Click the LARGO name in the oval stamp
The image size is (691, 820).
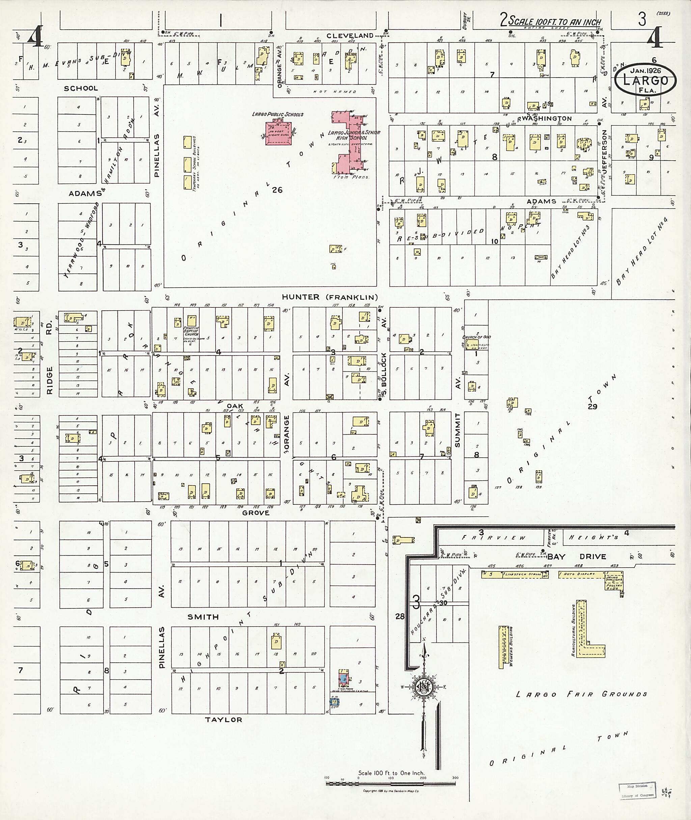[x=644, y=80]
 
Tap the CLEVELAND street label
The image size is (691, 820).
[x=350, y=36]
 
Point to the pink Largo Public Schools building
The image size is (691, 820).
[x=278, y=133]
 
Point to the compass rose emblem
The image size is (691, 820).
[x=423, y=688]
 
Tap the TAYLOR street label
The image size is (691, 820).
[x=224, y=720]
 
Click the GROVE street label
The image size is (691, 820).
[x=256, y=513]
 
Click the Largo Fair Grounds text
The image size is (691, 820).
[x=581, y=694]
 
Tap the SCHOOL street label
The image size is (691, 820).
[x=81, y=88]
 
